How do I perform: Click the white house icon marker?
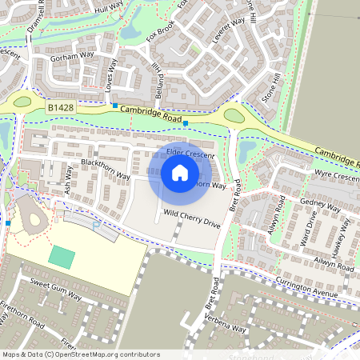point(180,173)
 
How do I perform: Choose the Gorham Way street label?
point(72,58)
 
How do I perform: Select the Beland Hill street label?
point(159,81)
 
